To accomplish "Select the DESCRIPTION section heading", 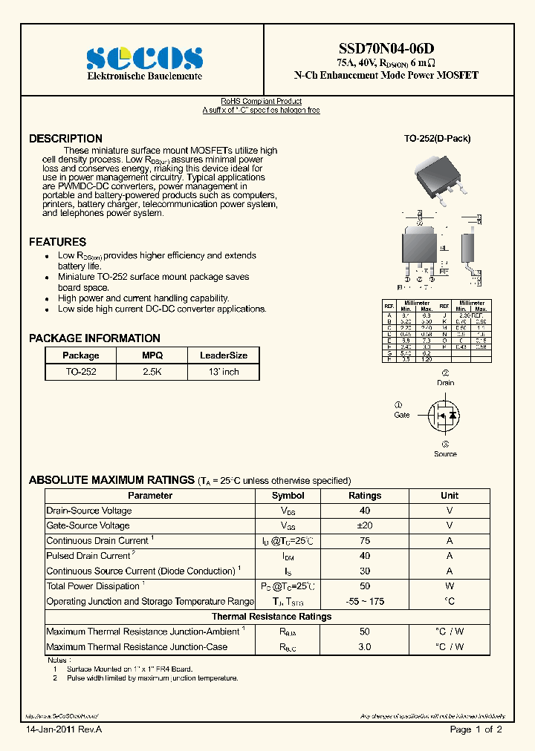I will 65,139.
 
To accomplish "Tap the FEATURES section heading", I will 57,242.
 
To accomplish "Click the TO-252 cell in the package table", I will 80,372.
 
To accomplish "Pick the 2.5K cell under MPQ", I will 152,372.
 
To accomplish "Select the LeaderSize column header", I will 224,355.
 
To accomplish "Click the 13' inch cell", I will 224,372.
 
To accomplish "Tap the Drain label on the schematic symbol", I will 445,383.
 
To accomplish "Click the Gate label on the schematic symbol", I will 402,415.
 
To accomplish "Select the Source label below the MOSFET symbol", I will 445,453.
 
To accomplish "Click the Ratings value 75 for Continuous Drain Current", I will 365,541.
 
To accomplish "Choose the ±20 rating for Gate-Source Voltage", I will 365,525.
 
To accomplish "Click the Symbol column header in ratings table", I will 288,495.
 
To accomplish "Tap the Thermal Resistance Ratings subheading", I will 271,617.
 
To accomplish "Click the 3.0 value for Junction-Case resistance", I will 365,647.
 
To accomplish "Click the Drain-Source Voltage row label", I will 89,511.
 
